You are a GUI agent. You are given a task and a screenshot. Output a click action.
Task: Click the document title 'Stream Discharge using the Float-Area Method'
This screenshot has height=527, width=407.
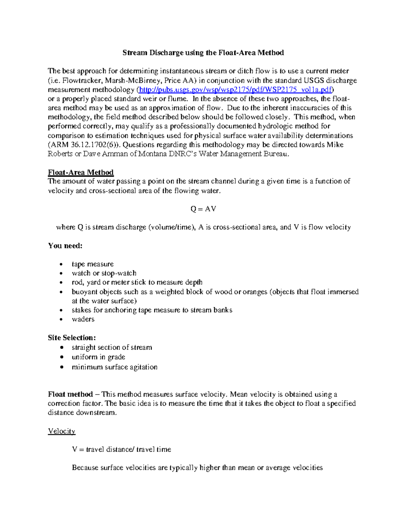pyautogui.click(x=203, y=53)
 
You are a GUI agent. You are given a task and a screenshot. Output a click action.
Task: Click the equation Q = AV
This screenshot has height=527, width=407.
pyautogui.click(x=203, y=209)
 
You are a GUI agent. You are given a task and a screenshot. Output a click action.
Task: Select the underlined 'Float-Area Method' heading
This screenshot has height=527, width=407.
pyautogui.click(x=81, y=172)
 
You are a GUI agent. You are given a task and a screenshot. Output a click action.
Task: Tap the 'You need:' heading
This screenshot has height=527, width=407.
pyautogui.click(x=65, y=246)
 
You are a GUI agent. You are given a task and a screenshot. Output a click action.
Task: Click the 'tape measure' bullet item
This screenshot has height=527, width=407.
pyautogui.click(x=93, y=264)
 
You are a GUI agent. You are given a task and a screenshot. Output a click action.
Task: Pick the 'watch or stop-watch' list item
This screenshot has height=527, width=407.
pyautogui.click(x=104, y=273)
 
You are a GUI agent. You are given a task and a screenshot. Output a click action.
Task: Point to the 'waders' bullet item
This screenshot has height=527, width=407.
pyautogui.click(x=83, y=319)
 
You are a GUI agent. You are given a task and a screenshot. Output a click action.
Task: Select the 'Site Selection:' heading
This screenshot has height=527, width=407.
pyautogui.click(x=72, y=338)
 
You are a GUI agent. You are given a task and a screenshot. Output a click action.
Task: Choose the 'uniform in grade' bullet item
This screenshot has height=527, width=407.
pyautogui.click(x=98, y=357)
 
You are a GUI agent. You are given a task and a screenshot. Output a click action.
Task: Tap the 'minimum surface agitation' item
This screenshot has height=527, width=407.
pyautogui.click(x=114, y=367)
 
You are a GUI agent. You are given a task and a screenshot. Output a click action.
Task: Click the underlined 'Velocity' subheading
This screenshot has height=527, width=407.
pyautogui.click(x=61, y=431)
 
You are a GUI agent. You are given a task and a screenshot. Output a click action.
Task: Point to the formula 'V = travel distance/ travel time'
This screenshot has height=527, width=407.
pyautogui.click(x=121, y=449)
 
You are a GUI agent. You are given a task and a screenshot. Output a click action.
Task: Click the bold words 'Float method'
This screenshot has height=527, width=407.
pyautogui.click(x=70, y=394)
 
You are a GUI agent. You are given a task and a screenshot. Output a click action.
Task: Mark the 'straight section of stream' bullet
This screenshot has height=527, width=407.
pyautogui.click(x=112, y=347)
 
